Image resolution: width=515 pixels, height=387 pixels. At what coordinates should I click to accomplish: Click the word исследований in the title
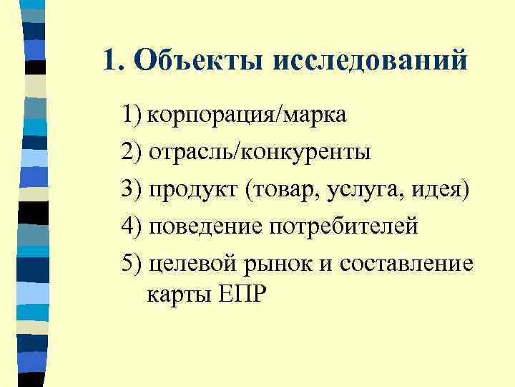371,61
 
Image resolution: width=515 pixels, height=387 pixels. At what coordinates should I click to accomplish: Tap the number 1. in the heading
113,61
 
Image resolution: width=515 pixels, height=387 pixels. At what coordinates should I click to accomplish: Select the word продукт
193,189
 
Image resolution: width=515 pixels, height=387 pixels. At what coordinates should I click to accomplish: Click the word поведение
206,226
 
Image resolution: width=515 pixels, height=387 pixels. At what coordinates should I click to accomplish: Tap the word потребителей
343,228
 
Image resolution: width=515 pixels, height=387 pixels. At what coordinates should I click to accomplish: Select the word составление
406,264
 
